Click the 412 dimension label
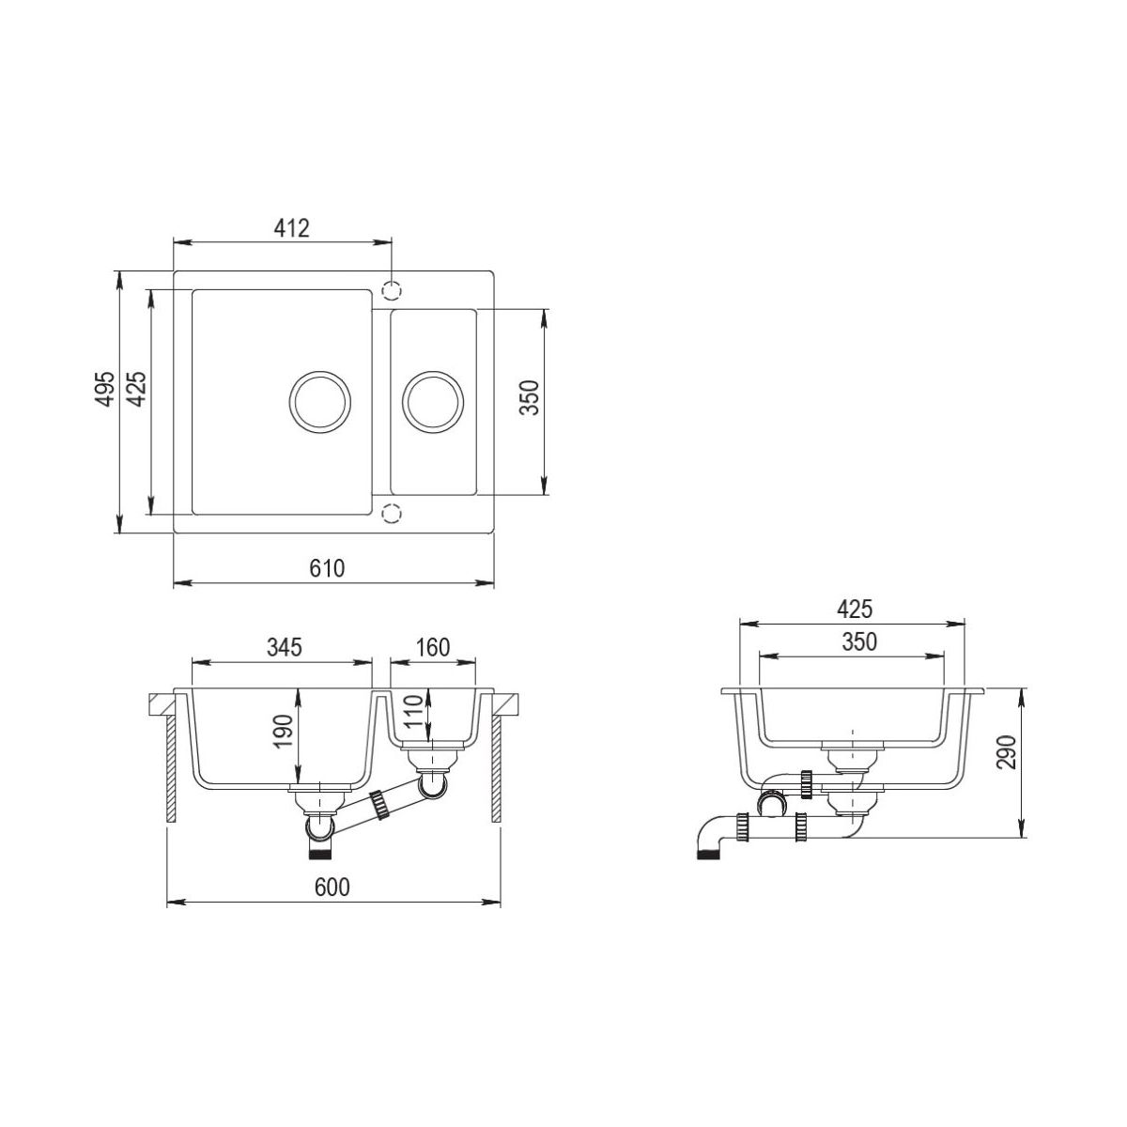(291, 227)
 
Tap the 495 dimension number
(105, 389)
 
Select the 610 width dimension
(327, 568)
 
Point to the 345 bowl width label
(285, 647)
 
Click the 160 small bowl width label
(433, 647)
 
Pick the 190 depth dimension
(283, 731)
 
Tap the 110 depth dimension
(413, 711)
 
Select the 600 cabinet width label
(332, 888)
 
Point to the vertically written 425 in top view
(137, 389)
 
